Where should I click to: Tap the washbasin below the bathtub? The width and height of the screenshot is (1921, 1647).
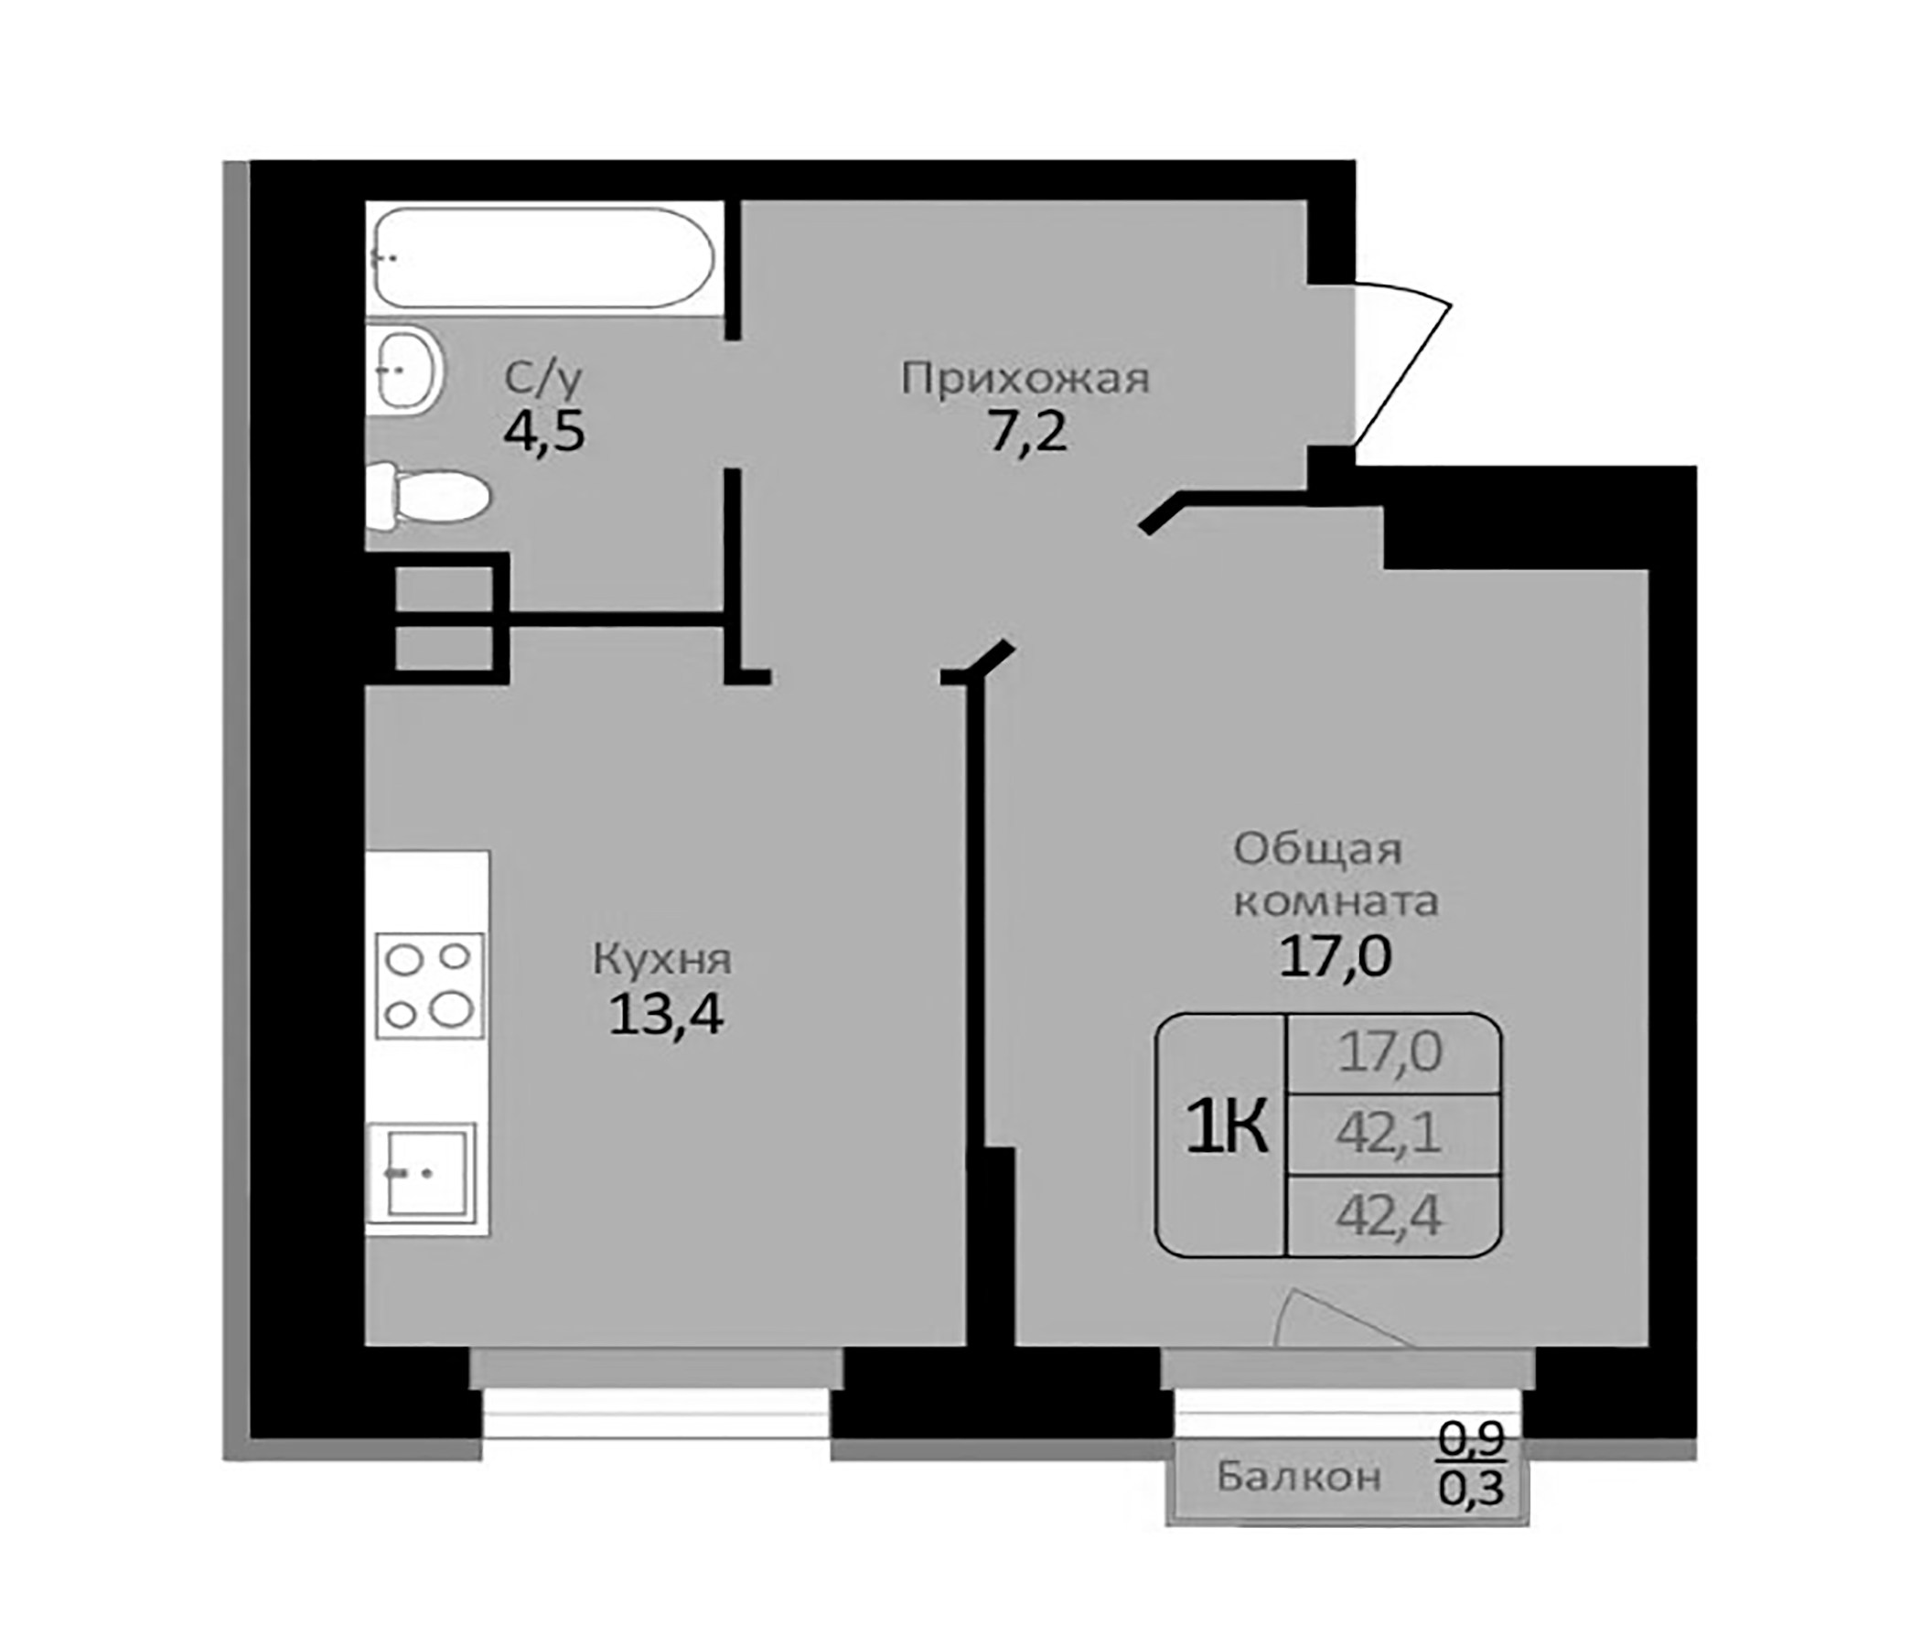[x=405, y=368]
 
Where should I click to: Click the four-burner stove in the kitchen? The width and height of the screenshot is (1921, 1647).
[x=429, y=985]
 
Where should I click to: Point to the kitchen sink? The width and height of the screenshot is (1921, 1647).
[x=423, y=1173]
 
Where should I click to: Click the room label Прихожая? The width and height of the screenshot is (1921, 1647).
[x=1025, y=380]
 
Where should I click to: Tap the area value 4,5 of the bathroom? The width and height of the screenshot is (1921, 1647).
[x=543, y=432]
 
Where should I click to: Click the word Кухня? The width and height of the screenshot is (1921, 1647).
[x=662, y=960]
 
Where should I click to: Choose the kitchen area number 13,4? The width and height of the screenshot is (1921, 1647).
[x=666, y=1016]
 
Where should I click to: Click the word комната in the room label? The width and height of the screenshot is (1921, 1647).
[x=1335, y=901]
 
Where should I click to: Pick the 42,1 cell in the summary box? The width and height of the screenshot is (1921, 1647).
[x=1389, y=1134]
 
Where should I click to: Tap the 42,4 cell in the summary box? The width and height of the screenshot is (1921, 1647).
[x=1389, y=1216]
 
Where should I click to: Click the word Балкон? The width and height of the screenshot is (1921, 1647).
[x=1298, y=1475]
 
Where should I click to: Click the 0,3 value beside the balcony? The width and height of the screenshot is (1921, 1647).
[x=1470, y=1491]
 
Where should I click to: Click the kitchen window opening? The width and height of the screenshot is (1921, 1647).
[x=656, y=1416]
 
